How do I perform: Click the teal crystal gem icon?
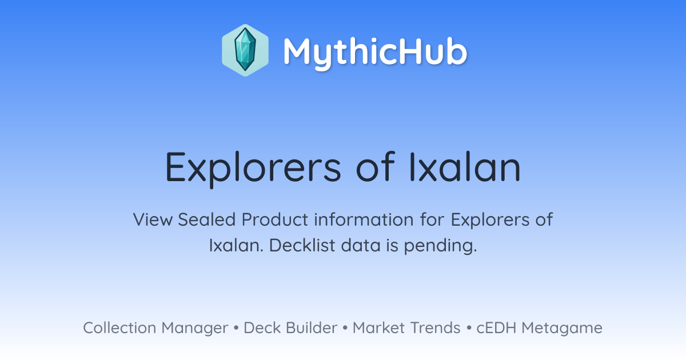(245, 50)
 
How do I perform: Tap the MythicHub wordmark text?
(375, 53)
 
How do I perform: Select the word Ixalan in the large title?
(465, 166)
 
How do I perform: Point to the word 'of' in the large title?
(376, 166)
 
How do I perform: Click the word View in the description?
(153, 219)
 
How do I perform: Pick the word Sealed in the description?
(206, 219)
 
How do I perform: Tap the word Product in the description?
(274, 219)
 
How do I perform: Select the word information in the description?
(364, 219)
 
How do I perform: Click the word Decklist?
(302, 245)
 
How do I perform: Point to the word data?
(361, 245)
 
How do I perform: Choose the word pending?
(440, 246)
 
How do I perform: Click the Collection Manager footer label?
(155, 328)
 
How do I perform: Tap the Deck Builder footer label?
(290, 327)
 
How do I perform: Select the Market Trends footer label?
(406, 327)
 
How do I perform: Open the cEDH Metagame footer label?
(539, 328)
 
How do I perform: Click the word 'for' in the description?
(432, 219)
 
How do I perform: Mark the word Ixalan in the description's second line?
(236, 245)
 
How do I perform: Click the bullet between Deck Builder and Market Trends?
(345, 328)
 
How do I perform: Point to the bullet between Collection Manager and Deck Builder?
(236, 328)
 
